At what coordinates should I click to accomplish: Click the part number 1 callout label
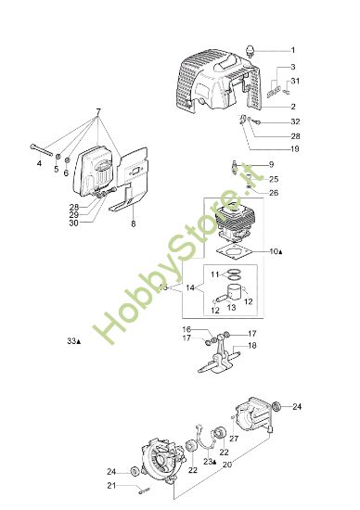pyautogui.click(x=292, y=49)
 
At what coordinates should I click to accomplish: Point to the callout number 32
pyautogui.click(x=295, y=121)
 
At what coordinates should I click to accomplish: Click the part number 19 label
pyautogui.click(x=294, y=148)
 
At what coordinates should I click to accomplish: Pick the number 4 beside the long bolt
pyautogui.click(x=39, y=164)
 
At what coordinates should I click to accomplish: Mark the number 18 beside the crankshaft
pyautogui.click(x=252, y=346)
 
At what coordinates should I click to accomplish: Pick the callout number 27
pyautogui.click(x=234, y=439)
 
